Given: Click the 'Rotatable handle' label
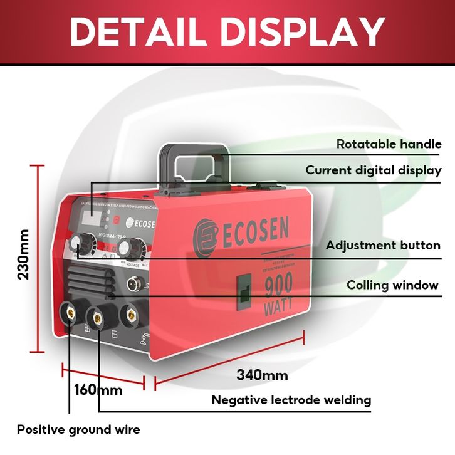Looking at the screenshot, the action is (x=389, y=144).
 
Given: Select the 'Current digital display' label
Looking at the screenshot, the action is (x=374, y=170).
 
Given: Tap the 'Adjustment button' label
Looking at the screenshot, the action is (x=383, y=246).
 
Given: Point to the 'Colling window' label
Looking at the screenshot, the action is (x=392, y=286).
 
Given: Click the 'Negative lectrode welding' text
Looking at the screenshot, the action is (x=291, y=400).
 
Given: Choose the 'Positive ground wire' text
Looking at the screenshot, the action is (x=78, y=430).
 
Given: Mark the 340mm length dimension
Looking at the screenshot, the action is (x=262, y=375).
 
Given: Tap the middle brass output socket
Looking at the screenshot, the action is (x=98, y=317).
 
